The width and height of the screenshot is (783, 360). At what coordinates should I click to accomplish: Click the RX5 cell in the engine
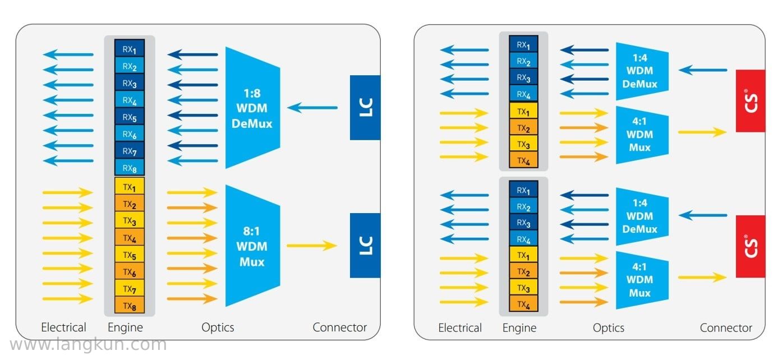pos(130,117)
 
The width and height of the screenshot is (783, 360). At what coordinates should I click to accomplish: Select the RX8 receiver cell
pos(130,168)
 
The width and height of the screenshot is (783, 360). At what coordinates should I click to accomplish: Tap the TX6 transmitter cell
pos(130,271)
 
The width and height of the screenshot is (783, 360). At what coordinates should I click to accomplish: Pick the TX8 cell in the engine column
pos(130,305)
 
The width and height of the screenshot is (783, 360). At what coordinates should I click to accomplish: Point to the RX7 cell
pos(130,150)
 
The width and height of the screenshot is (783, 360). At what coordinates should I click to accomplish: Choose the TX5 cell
pos(130,254)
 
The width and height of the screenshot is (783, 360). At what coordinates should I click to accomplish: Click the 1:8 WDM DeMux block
pos(253,108)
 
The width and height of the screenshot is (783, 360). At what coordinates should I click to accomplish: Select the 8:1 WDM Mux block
pos(253,246)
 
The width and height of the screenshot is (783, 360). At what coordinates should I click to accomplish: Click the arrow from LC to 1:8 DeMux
pos(312,108)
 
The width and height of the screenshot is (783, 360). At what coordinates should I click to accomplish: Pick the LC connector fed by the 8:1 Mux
pos(365,246)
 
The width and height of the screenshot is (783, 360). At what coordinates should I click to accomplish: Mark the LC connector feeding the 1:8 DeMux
pos(365,107)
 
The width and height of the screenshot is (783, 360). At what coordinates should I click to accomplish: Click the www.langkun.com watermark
pos(88,345)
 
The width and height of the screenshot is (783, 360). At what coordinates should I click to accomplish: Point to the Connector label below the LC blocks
pos(340,327)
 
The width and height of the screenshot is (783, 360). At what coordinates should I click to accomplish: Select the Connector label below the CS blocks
pos(726,328)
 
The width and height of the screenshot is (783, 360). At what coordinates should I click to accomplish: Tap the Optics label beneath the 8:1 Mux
pos(218,327)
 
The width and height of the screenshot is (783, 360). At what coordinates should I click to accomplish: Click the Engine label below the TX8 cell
pos(125,327)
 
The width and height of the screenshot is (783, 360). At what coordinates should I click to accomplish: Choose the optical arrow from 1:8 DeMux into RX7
pos(192,146)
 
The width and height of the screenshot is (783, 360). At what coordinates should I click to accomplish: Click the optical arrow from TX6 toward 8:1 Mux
pos(192,269)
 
